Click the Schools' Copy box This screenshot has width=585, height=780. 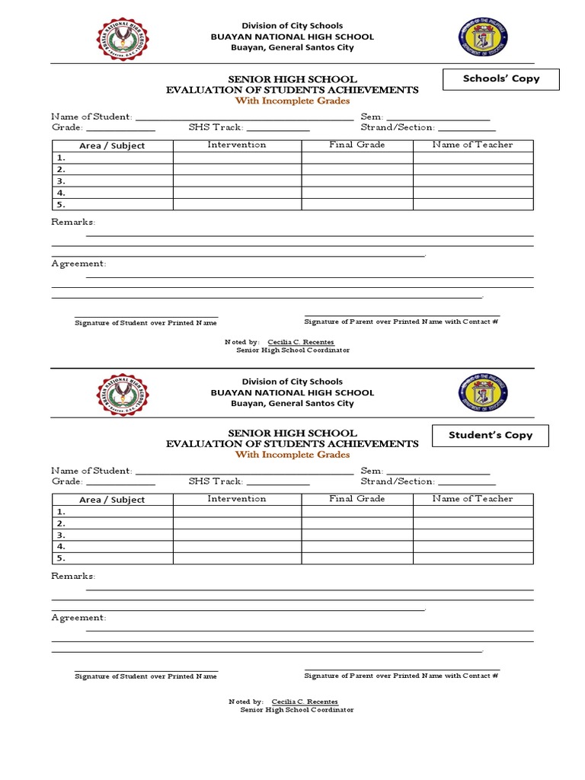click(500, 79)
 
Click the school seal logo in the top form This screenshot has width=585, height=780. click(123, 40)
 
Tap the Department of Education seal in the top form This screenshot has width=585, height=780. click(483, 38)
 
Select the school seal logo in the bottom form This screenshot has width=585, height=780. click(123, 394)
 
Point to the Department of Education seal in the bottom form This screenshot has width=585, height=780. click(483, 392)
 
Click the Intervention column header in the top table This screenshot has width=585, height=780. click(237, 145)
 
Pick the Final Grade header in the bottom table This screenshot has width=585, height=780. click(356, 499)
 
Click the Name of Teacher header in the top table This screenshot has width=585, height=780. click(472, 145)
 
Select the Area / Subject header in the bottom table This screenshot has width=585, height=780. click(112, 500)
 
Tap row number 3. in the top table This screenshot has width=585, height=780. click(61, 181)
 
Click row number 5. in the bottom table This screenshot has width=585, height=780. click(61, 558)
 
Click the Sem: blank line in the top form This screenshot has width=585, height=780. click(438, 118)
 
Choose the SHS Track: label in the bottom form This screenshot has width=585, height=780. click(216, 481)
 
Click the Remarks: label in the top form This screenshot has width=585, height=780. click(73, 222)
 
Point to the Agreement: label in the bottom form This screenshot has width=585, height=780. click(78, 618)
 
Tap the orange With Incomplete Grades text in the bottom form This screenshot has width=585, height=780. click(292, 455)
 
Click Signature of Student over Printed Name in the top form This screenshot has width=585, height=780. click(145, 323)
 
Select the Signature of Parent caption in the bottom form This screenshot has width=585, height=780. click(401, 676)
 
